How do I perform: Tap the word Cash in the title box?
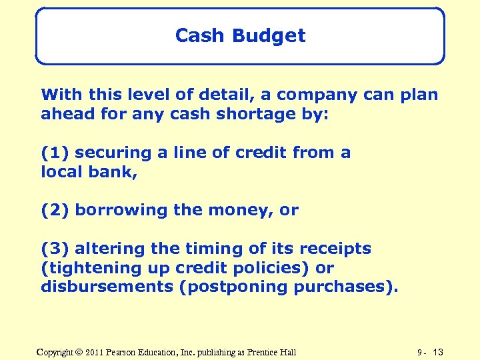pyautogui.click(x=198, y=36)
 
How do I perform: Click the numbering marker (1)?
pyautogui.click(x=55, y=153)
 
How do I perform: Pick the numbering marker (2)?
pyautogui.click(x=55, y=211)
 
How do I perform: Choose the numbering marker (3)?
pyautogui.click(x=55, y=249)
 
